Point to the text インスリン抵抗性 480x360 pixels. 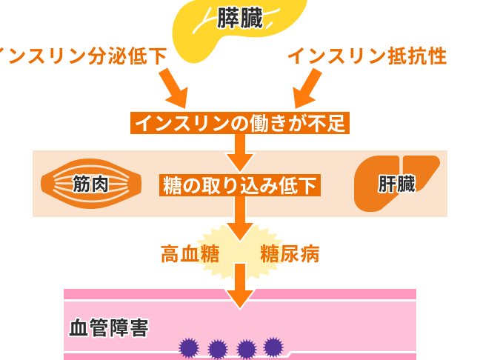pos(367,56)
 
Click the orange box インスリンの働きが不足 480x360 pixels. pos(240,123)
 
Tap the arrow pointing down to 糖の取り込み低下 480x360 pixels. pos(240,153)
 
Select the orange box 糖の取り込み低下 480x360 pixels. pos(240,185)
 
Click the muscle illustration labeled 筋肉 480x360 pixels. pos(90,184)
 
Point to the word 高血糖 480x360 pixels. pos(190,254)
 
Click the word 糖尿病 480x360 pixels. pos(290,254)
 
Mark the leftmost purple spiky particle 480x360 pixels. pos(189,347)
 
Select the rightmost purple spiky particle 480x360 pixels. pos(273,346)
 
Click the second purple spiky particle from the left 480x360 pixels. pos(218,349)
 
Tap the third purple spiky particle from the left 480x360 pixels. pos(246,349)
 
